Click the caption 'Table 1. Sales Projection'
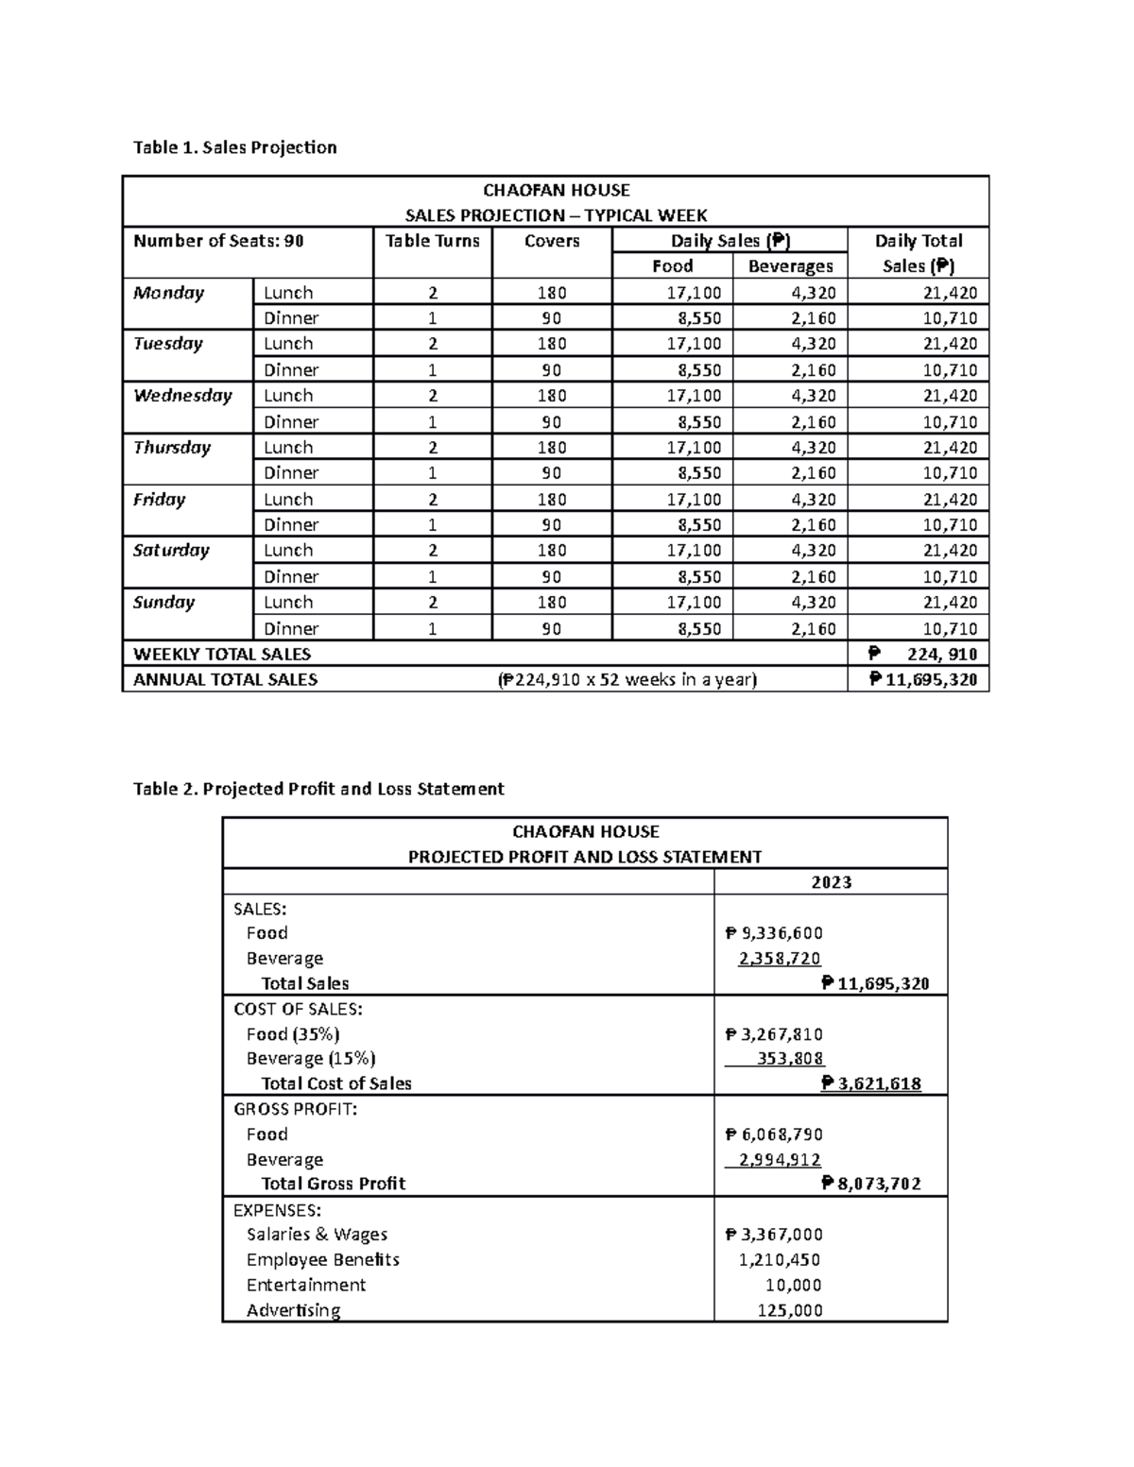[x=234, y=147]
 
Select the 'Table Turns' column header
[x=432, y=241]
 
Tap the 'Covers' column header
[x=552, y=241]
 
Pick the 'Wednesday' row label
[x=182, y=396]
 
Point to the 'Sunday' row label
[x=163, y=603]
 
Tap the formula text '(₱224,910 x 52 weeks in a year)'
[x=627, y=679]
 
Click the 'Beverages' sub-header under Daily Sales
[x=790, y=266]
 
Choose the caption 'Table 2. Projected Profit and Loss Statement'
[x=318, y=789]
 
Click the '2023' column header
[x=831, y=882]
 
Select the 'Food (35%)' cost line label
[x=293, y=1034]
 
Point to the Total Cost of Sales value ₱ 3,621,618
[x=871, y=1083]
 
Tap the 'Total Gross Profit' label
[x=333, y=1184]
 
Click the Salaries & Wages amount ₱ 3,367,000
[x=774, y=1235]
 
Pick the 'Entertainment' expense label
[x=305, y=1285]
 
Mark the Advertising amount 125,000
[x=790, y=1310]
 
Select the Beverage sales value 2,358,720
[x=780, y=959]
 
